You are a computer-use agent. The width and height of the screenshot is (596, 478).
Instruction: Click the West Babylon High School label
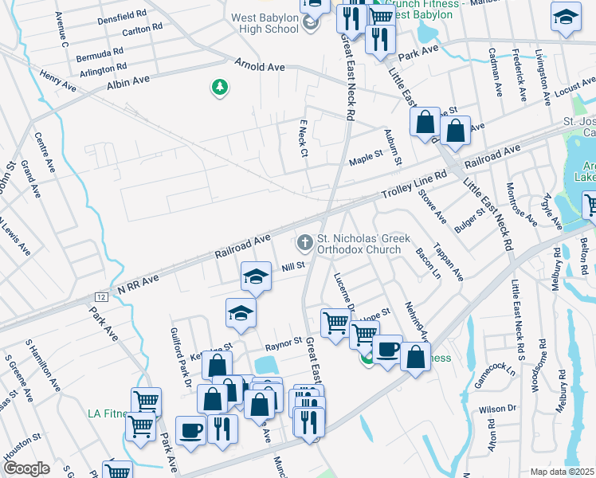[266, 24]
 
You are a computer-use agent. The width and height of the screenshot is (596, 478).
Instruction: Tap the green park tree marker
[220, 87]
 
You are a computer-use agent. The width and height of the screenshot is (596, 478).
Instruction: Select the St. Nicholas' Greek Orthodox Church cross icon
[304, 241]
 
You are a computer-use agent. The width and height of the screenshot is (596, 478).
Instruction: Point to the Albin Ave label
[128, 81]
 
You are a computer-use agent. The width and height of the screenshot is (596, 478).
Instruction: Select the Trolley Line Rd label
[414, 188]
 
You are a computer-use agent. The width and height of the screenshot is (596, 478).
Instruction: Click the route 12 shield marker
[100, 296]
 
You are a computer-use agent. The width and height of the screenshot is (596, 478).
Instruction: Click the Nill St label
[293, 268]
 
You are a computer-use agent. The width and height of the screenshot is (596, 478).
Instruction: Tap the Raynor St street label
[285, 343]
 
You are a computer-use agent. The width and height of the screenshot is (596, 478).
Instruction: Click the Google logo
[26, 468]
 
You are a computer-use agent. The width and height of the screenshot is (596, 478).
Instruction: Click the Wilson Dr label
[498, 409]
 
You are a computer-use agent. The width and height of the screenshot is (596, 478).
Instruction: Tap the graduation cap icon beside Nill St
[255, 276]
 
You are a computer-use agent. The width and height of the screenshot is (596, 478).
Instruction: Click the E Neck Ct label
[303, 139]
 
